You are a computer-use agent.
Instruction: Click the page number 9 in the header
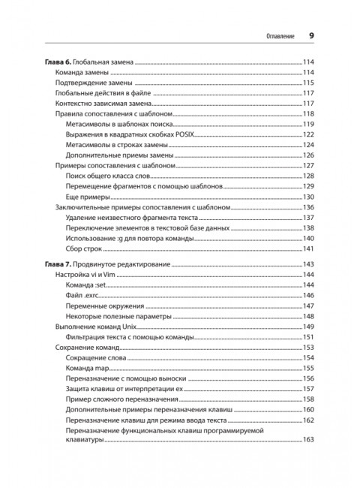(311, 35)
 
